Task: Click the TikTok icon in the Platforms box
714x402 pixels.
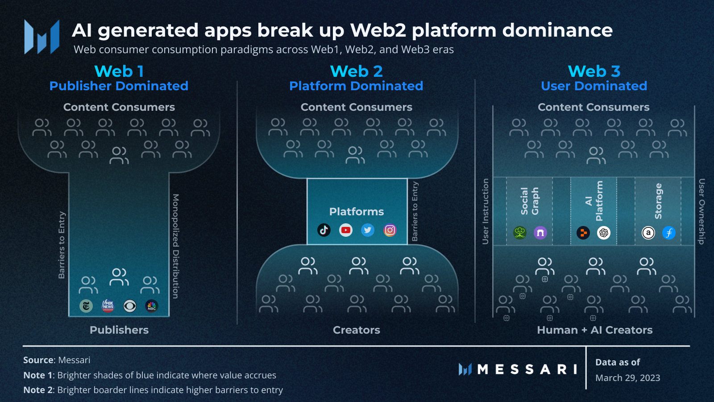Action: [x=324, y=230]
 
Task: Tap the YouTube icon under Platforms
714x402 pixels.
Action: [x=346, y=230]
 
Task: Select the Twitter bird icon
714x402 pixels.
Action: [x=368, y=230]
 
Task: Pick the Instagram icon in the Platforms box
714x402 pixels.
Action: [x=390, y=230]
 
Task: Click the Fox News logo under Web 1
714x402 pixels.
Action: [x=108, y=306]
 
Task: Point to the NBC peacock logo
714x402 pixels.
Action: [x=152, y=306]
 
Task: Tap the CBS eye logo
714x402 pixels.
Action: [x=130, y=306]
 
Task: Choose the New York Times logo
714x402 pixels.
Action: [x=86, y=306]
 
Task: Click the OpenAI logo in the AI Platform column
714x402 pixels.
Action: [x=604, y=233]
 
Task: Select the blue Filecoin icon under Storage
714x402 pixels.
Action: [x=669, y=233]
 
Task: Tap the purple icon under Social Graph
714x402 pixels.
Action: [x=540, y=233]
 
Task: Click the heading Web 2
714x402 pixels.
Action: [x=357, y=71]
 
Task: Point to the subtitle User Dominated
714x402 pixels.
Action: [x=594, y=86]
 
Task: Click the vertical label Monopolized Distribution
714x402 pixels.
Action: [x=176, y=246]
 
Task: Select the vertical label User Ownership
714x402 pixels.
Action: [x=702, y=212]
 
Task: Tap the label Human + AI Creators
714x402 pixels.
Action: [x=595, y=330]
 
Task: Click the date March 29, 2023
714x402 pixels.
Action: [x=627, y=378]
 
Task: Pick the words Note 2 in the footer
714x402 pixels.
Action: [x=38, y=390]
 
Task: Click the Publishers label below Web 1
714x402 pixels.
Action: [x=119, y=330]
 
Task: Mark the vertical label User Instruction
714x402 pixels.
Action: [x=485, y=212]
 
